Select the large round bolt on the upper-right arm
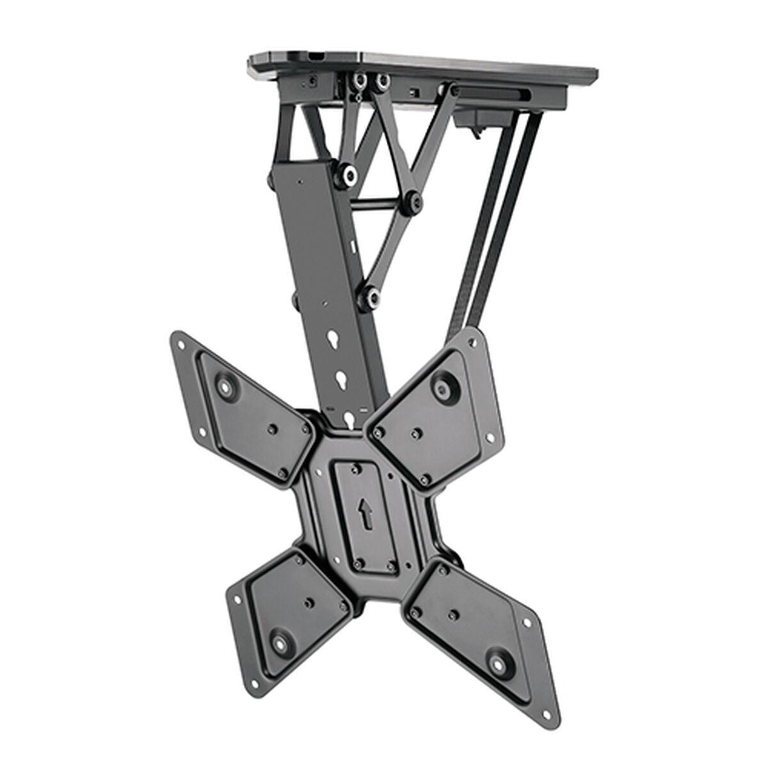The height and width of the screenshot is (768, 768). (442, 387)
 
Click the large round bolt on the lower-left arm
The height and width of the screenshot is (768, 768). (281, 641)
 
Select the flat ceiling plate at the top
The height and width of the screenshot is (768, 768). (422, 64)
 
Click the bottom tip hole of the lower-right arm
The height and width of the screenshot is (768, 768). (548, 711)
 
